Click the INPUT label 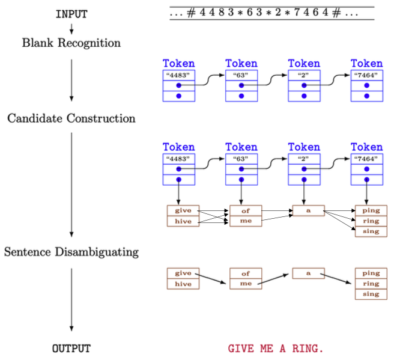(x=71, y=14)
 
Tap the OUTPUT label (x=71, y=349)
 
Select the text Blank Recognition (x=71, y=43)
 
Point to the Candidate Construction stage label (x=71, y=118)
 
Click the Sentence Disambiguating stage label (x=71, y=252)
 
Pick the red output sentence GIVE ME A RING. (x=276, y=349)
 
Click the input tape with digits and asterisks (x=271, y=13)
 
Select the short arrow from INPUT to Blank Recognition (x=71, y=28)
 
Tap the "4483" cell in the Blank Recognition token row (x=179, y=75)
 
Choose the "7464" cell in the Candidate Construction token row (x=366, y=159)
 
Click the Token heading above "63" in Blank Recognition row (x=241, y=64)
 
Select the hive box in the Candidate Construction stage (x=183, y=221)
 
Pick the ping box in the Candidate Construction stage (x=371, y=210)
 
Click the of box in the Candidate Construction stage (x=246, y=210)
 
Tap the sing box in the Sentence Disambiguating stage (x=371, y=294)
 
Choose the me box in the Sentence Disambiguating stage (x=246, y=284)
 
